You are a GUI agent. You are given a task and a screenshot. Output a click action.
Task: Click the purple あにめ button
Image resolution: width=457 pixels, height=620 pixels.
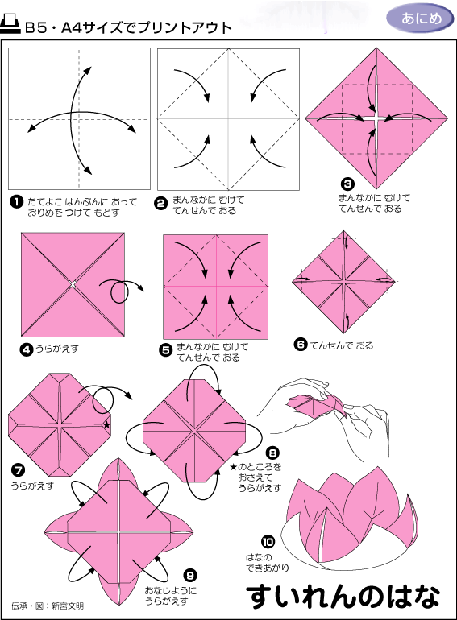tap(420, 19)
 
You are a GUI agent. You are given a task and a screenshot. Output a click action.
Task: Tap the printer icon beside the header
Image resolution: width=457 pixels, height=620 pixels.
tap(10, 24)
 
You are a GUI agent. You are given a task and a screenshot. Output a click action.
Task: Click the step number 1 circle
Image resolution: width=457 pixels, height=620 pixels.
tap(16, 202)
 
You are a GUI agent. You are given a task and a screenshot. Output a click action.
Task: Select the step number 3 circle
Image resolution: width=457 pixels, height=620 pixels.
tap(347, 184)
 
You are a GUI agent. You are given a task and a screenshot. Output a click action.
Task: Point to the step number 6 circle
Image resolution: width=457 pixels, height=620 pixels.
tap(301, 345)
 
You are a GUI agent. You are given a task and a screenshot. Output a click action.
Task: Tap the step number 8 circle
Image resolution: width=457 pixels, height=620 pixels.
tap(272, 453)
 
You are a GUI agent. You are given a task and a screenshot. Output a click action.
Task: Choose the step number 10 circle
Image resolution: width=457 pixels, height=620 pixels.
tap(268, 542)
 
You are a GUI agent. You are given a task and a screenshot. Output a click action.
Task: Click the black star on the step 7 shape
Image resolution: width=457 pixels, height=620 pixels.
tap(106, 425)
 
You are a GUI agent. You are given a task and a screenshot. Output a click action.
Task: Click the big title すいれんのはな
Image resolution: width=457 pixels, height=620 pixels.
tap(343, 597)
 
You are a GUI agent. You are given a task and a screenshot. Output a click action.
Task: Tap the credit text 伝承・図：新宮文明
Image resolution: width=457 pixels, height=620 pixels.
tap(48, 606)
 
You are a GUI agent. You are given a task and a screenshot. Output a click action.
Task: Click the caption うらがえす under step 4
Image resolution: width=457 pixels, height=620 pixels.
tap(57, 349)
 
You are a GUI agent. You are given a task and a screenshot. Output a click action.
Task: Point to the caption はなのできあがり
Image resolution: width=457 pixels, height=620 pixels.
tap(267, 563)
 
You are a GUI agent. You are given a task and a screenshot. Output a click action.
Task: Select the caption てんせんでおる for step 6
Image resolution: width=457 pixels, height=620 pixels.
tap(342, 345)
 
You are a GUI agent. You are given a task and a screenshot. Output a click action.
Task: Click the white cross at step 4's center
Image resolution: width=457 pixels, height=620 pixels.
tap(73, 284)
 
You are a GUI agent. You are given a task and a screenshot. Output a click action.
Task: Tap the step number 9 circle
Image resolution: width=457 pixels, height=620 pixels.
tap(190, 576)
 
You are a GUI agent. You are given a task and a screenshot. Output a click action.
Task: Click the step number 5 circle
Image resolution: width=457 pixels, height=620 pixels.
tap(166, 350)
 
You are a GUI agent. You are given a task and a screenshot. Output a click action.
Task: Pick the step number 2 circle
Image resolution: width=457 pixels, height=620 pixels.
tap(161, 204)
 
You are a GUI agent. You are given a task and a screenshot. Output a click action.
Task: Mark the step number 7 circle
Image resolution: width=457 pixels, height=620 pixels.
tap(19, 470)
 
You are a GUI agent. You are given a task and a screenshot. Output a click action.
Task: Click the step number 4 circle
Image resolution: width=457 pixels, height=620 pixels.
tap(26, 350)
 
